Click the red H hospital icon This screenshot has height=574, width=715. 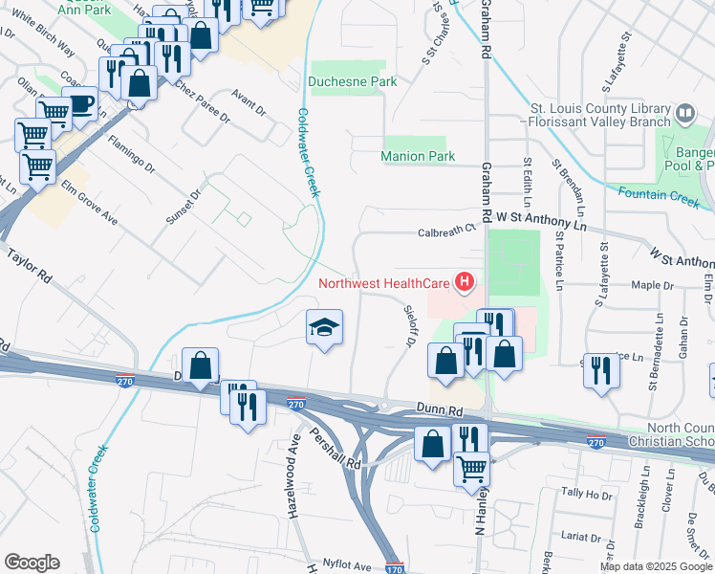click(x=465, y=282)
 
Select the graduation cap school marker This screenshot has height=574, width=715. click(x=324, y=328)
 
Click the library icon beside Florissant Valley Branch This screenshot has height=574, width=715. click(x=684, y=114)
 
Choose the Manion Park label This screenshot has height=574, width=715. click(x=418, y=156)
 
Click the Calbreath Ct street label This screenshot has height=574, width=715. click(x=446, y=230)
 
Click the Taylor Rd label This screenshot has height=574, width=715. click(x=30, y=267)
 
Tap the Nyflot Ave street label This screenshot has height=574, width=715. click(x=347, y=565)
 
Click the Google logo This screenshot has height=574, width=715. click(x=32, y=563)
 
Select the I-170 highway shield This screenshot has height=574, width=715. click(x=395, y=567)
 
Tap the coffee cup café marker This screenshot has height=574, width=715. click(x=79, y=102)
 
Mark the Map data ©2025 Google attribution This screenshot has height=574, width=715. click(x=656, y=567)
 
